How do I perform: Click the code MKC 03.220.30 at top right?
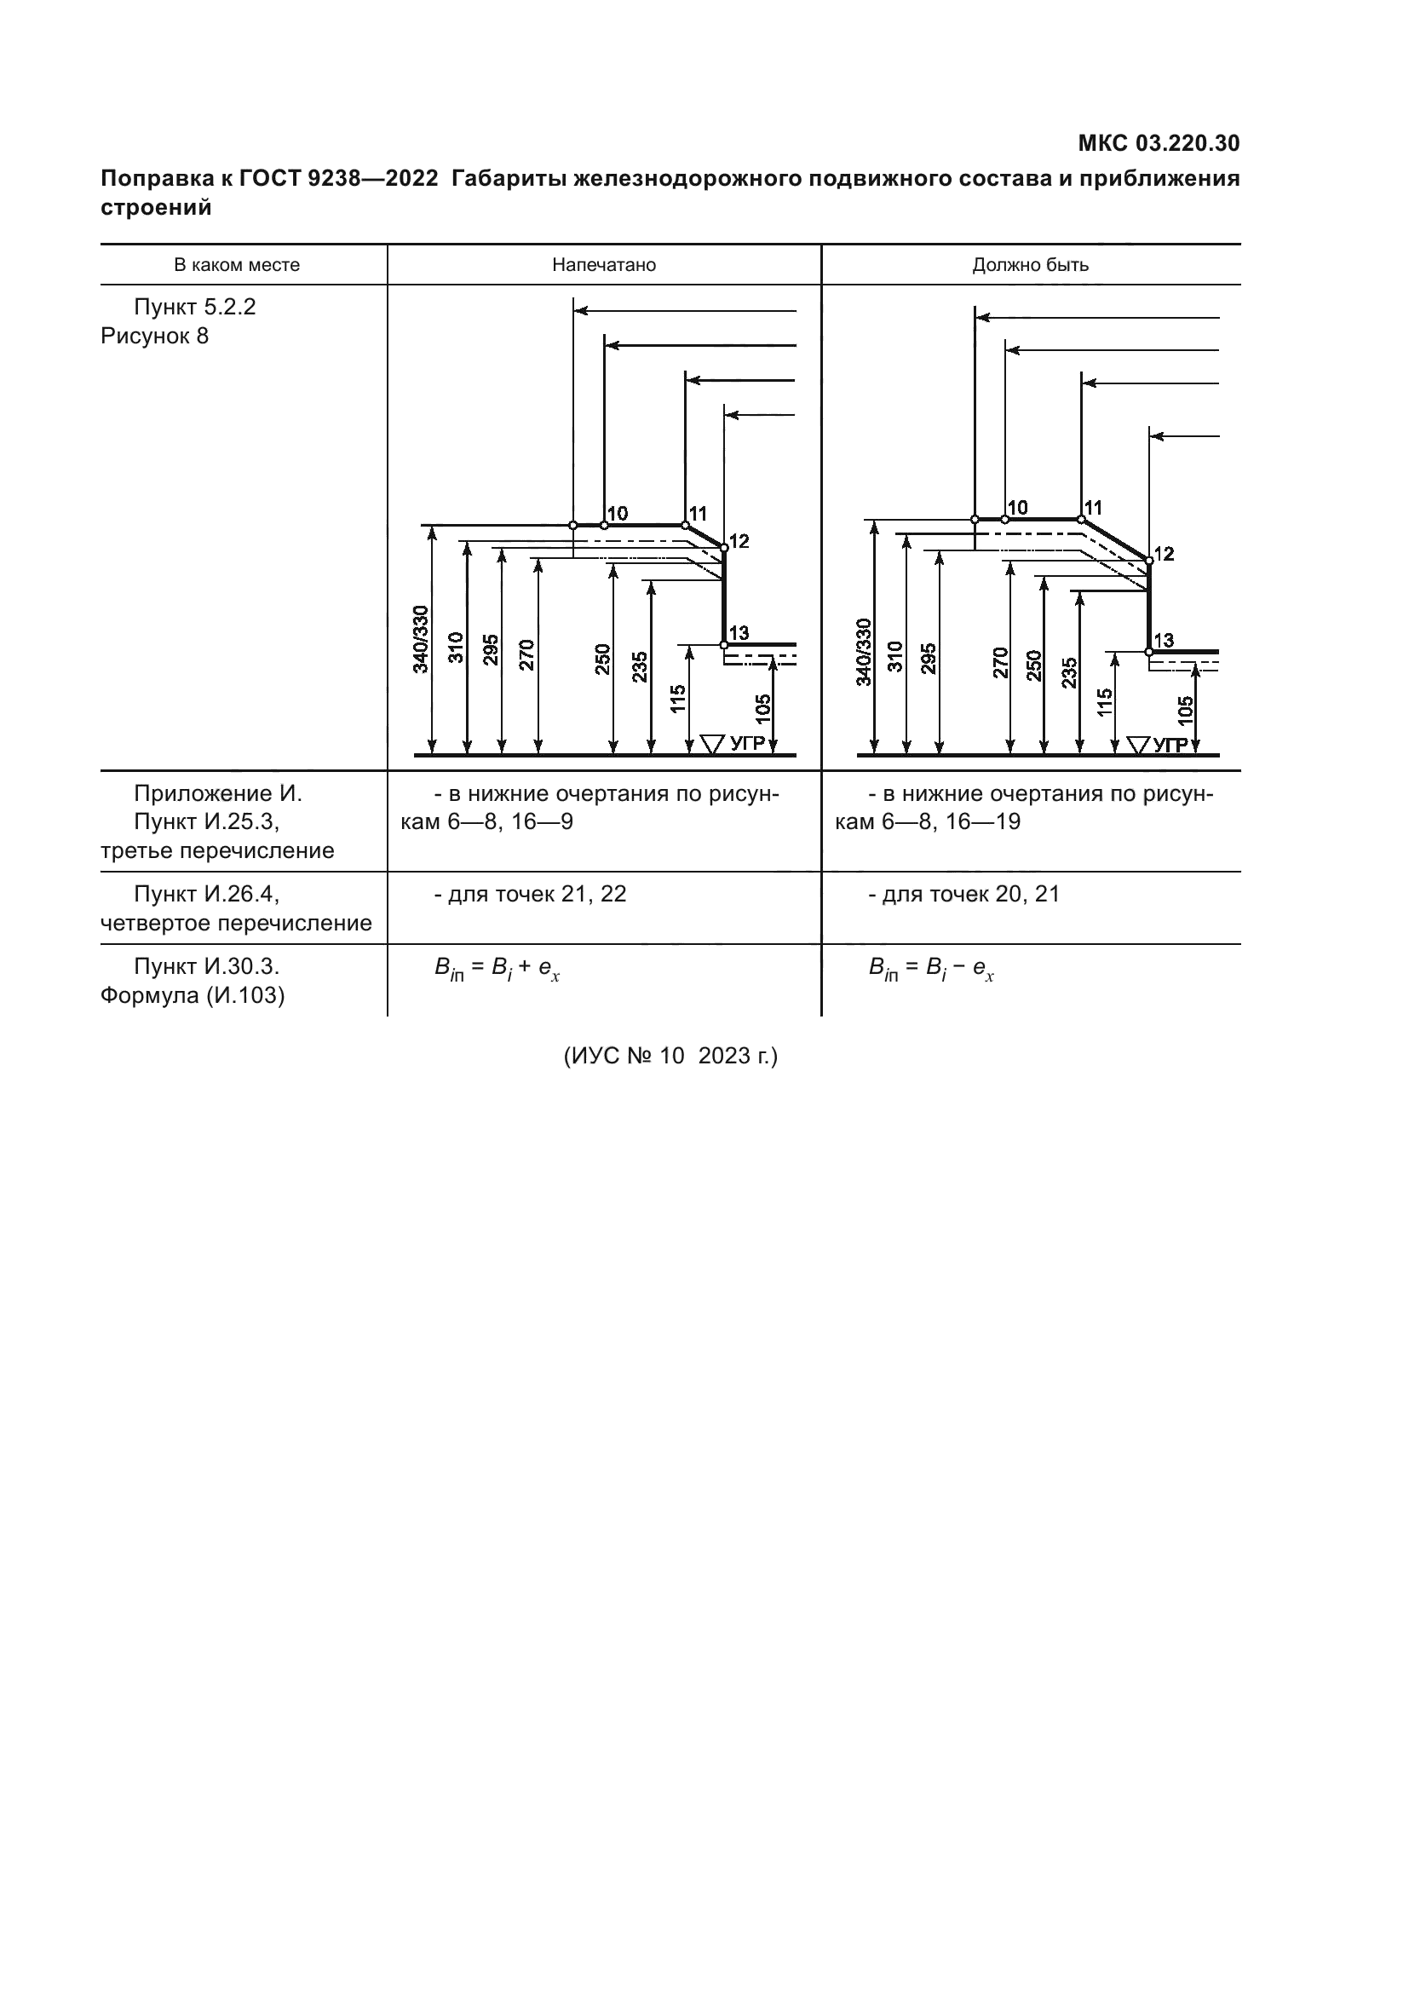pyautogui.click(x=1159, y=143)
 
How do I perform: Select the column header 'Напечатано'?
pyautogui.click(x=604, y=265)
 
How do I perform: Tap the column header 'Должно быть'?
pyautogui.click(x=1030, y=265)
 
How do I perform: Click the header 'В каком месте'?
pyautogui.click(x=237, y=265)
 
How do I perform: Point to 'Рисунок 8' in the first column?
pyautogui.click(x=154, y=336)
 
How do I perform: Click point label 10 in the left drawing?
pyautogui.click(x=617, y=513)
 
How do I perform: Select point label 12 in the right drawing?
pyautogui.click(x=1164, y=553)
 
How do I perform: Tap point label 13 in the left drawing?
pyautogui.click(x=739, y=633)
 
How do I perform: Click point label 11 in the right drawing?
pyautogui.click(x=1093, y=507)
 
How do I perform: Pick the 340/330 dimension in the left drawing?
pyautogui.click(x=421, y=639)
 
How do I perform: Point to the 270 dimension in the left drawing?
pyautogui.click(x=526, y=654)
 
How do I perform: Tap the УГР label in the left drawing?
pyautogui.click(x=747, y=743)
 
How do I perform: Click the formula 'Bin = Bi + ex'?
pyautogui.click(x=497, y=969)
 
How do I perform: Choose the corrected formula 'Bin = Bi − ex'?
pyautogui.click(x=931, y=969)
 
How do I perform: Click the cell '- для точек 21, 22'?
pyautogui.click(x=530, y=894)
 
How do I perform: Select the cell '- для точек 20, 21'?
pyautogui.click(x=964, y=894)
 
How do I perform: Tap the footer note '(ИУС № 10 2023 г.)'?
pyautogui.click(x=670, y=1056)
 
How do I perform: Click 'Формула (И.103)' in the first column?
pyautogui.click(x=193, y=994)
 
